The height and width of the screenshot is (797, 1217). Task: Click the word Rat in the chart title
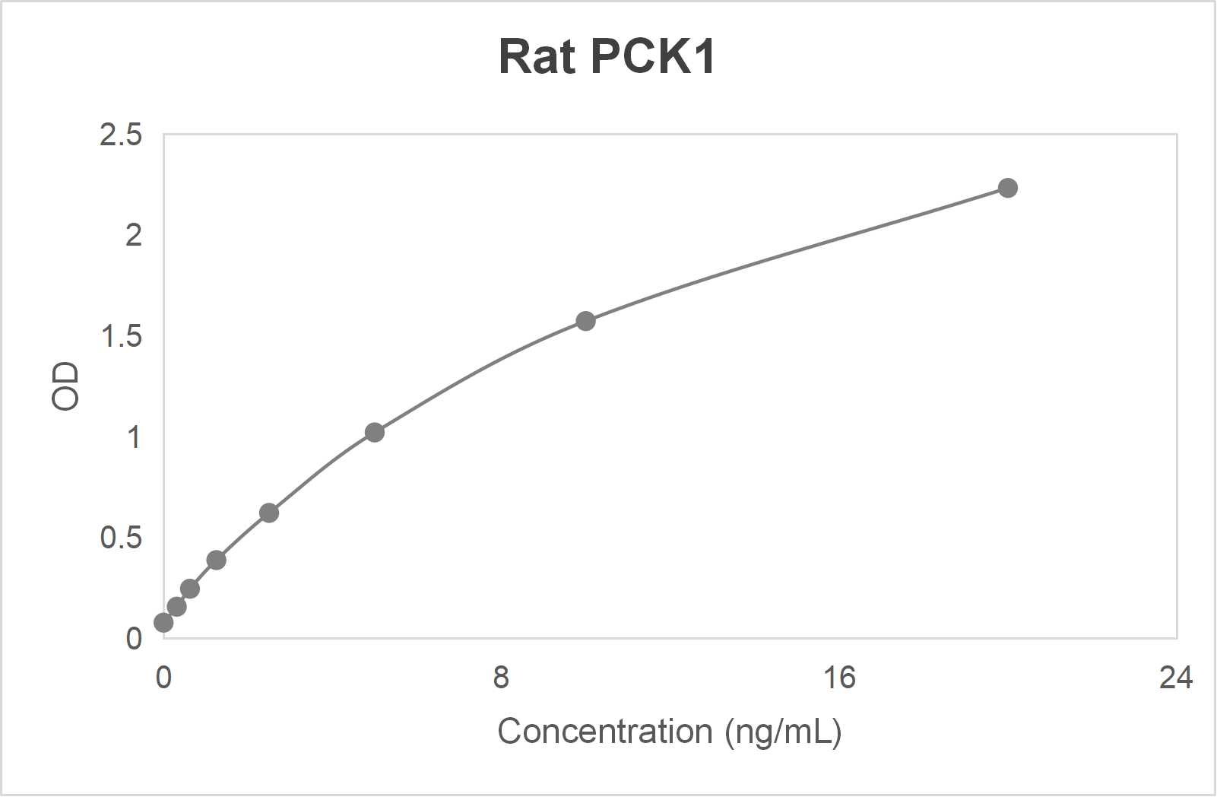(x=537, y=56)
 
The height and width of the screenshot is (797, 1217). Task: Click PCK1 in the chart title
(x=651, y=56)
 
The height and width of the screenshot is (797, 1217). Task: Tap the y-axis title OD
(x=65, y=386)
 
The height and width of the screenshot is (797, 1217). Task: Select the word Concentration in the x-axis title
(x=604, y=732)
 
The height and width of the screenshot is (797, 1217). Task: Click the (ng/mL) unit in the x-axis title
(x=783, y=732)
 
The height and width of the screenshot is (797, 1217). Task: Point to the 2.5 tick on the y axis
(x=121, y=135)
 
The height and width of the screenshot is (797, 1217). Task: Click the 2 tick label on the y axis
(x=133, y=236)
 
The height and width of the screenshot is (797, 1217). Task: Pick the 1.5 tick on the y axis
(x=121, y=336)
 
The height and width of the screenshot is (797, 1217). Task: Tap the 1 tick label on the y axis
(x=133, y=437)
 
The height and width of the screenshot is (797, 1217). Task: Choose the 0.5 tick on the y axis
(x=121, y=538)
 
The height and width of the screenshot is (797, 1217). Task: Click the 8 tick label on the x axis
(x=500, y=677)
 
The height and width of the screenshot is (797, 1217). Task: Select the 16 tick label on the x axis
(x=838, y=677)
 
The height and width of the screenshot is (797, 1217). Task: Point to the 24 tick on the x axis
(x=1175, y=677)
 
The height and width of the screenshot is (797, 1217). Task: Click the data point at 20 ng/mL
(x=1007, y=188)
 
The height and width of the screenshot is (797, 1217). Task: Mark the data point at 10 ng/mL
(x=585, y=321)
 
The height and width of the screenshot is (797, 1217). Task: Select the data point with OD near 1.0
(x=374, y=433)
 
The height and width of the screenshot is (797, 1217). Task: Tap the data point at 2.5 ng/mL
(x=268, y=513)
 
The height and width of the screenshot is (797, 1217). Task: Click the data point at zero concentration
(x=163, y=623)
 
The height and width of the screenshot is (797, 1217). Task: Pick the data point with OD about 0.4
(x=216, y=560)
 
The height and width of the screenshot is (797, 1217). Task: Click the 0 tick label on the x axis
(x=163, y=677)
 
